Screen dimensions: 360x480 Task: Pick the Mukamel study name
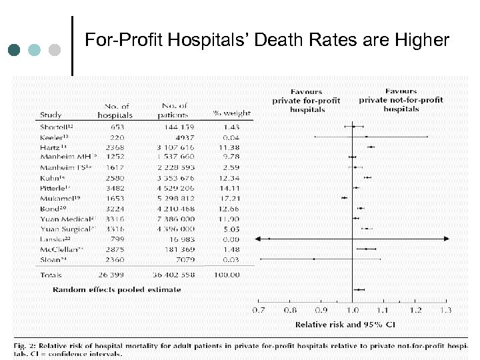coord(58,198)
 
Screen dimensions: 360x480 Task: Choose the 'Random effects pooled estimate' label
coord(117,290)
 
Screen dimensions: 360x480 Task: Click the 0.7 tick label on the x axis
coord(259,310)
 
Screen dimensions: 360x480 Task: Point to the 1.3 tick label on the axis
coord(445,310)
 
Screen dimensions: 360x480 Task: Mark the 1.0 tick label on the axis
coord(352,310)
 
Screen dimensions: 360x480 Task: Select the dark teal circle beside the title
coord(15,50)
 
